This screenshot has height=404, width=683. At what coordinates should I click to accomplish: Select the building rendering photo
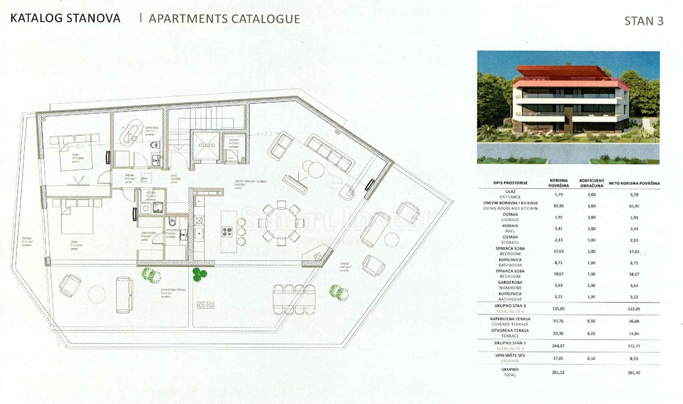coord(568,107)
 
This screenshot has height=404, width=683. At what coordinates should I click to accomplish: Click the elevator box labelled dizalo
coord(207,145)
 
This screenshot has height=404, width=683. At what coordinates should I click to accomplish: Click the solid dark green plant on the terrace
coord(198,275)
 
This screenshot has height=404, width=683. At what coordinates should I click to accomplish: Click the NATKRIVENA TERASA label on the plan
coord(168,289)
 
